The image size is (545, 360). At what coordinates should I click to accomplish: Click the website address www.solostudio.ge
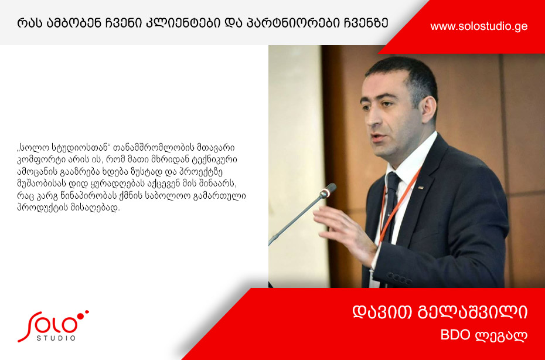[x=479, y=26]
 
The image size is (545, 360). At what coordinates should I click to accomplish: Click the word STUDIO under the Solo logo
[x=56, y=338]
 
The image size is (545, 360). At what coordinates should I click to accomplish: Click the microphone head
[x=328, y=190]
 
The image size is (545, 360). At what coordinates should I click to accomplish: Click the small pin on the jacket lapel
[x=420, y=188]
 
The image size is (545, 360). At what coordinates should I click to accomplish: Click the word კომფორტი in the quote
[x=36, y=160]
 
